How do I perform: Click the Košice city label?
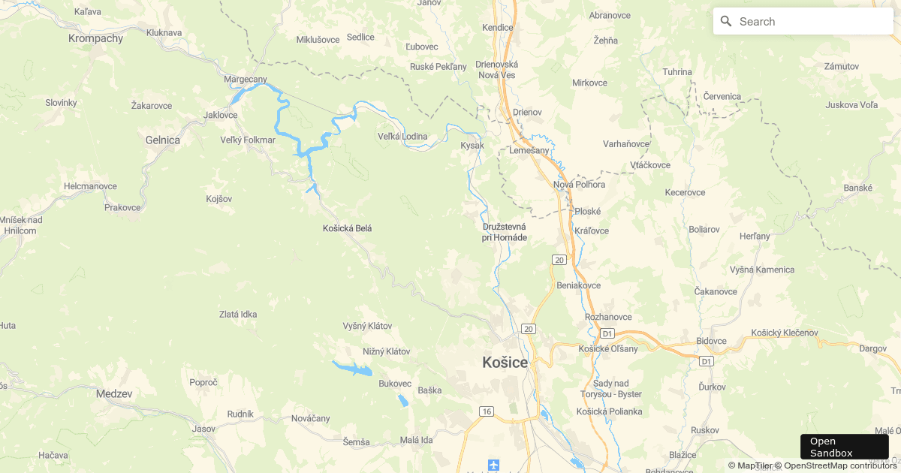505,363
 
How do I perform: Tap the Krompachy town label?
95,38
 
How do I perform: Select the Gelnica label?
162,140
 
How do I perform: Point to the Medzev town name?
114,393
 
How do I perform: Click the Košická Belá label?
347,228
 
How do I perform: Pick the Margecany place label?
246,79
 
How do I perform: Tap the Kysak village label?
472,145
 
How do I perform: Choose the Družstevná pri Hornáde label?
504,232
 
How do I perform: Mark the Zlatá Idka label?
237,315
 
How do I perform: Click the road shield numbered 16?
487,411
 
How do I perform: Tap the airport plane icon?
493,465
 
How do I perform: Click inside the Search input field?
811,22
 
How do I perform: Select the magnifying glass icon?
726,22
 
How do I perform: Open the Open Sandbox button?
844,447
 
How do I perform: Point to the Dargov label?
872,348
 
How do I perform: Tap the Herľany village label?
755,236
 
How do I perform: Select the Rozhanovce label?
608,317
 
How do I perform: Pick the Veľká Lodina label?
402,136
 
